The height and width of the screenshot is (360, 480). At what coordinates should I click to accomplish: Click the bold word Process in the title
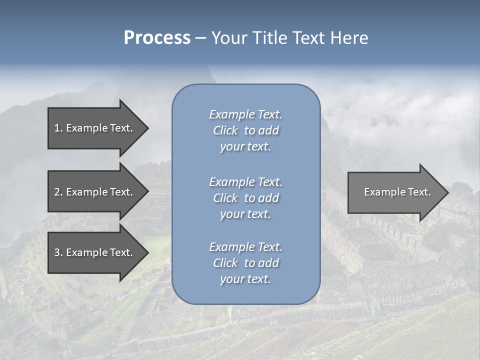(x=157, y=38)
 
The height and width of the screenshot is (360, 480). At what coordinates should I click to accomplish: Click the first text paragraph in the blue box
(x=245, y=130)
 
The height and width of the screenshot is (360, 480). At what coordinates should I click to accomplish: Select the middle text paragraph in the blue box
(x=245, y=198)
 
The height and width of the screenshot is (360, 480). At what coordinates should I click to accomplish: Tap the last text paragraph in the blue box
(x=245, y=263)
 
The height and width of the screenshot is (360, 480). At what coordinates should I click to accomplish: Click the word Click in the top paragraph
(x=225, y=130)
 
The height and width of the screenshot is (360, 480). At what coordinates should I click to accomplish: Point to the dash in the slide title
(x=200, y=38)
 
